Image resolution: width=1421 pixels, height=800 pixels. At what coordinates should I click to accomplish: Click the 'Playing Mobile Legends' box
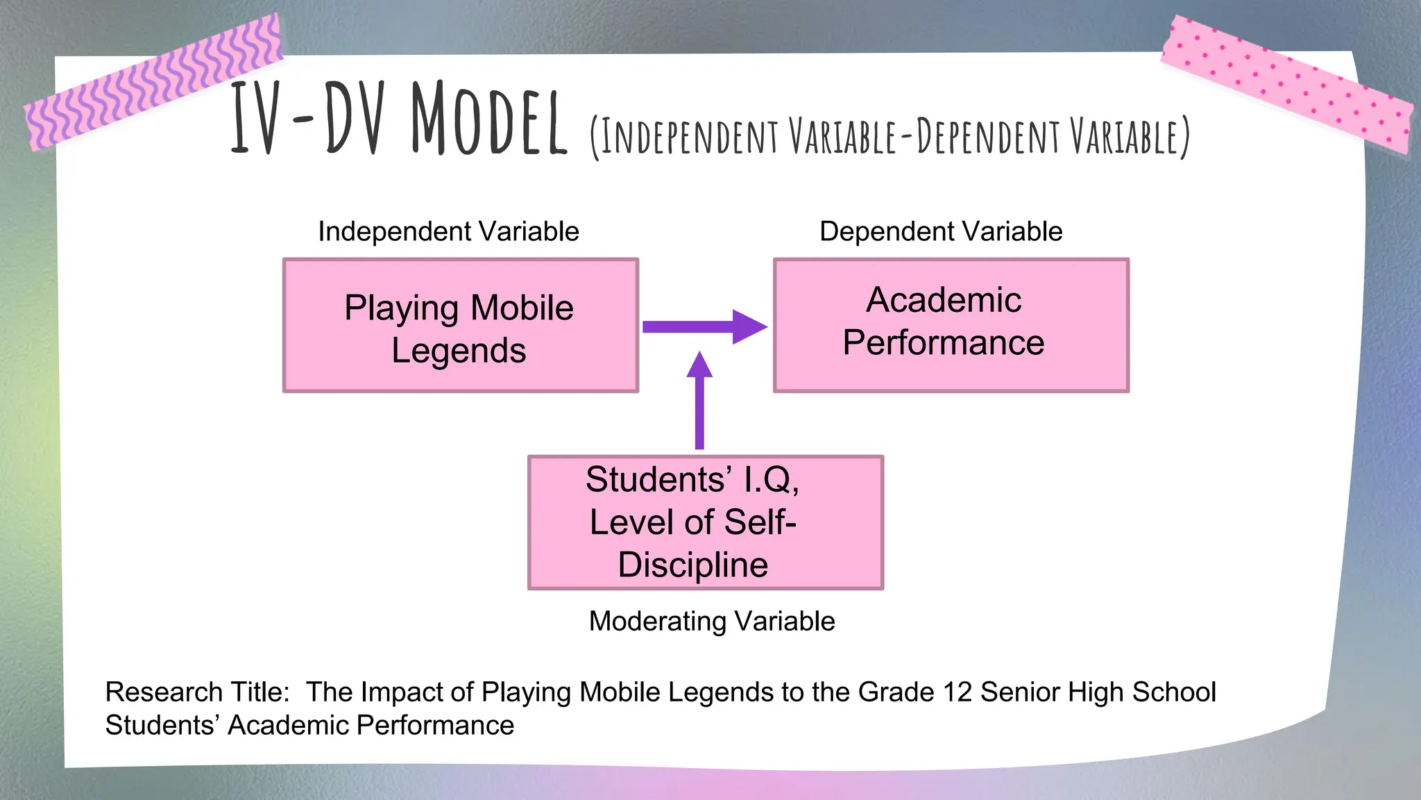(460, 326)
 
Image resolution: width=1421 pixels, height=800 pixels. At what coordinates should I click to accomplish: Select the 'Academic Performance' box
(951, 326)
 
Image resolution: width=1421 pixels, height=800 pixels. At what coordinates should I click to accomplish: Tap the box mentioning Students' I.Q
(705, 522)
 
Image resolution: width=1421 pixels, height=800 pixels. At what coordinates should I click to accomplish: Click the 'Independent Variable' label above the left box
(448, 231)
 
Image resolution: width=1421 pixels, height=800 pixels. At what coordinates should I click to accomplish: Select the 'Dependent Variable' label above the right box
(940, 231)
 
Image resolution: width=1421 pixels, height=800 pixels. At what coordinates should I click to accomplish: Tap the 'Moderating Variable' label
(711, 621)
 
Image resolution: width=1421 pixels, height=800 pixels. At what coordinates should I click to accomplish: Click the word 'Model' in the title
(488, 119)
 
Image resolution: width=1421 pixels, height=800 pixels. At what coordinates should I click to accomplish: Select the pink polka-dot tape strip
(1287, 83)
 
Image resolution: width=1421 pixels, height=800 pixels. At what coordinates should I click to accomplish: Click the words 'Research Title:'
(198, 692)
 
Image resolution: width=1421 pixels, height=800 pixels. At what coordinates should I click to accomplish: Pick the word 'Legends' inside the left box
(459, 350)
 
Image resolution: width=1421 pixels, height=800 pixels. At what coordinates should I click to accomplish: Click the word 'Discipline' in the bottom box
(692, 564)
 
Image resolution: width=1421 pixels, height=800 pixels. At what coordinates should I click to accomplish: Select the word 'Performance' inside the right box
(943, 342)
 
